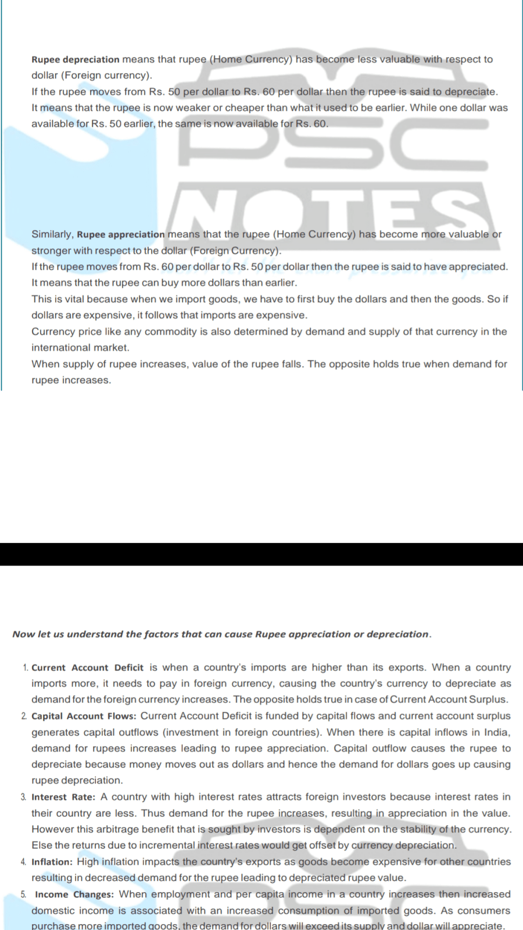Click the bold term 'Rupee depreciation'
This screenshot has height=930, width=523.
(76, 59)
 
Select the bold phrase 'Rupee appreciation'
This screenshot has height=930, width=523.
(121, 234)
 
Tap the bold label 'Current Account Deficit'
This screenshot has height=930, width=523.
(87, 668)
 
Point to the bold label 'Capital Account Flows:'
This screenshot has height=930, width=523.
(84, 716)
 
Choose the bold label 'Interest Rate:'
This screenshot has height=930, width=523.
(63, 797)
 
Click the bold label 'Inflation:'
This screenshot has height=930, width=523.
(52, 862)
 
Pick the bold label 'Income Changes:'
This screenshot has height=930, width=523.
(74, 895)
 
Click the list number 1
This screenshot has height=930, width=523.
(25, 668)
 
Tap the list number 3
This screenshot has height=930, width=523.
(24, 797)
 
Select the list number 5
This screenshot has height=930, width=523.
(24, 895)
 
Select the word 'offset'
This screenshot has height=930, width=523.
(322, 845)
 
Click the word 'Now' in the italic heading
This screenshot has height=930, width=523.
(23, 634)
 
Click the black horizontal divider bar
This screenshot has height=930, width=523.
(261, 554)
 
